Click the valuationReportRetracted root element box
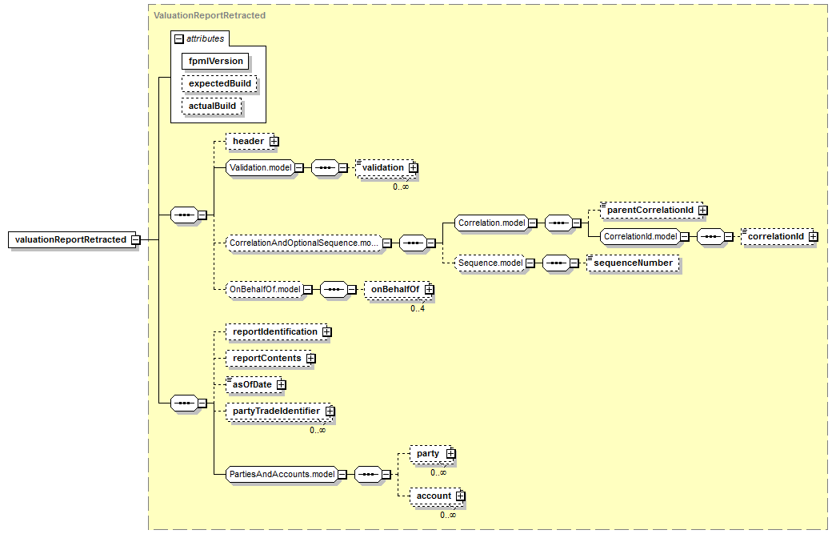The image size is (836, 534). pyautogui.click(x=74, y=239)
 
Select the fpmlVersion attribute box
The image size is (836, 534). pyautogui.click(x=215, y=62)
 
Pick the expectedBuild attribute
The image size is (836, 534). pyautogui.click(x=220, y=84)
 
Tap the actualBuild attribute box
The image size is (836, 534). pyautogui.click(x=212, y=106)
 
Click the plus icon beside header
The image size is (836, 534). pyautogui.click(x=274, y=142)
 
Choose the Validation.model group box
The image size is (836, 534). pyautogui.click(x=260, y=167)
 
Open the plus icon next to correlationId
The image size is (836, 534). pyautogui.click(x=813, y=236)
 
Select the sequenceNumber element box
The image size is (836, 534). pyautogui.click(x=633, y=263)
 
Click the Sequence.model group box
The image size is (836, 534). pyautogui.click(x=490, y=263)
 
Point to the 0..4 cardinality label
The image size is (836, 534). pyautogui.click(x=418, y=308)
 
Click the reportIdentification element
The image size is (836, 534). pyautogui.click(x=278, y=331)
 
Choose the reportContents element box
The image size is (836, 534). pyautogui.click(x=270, y=358)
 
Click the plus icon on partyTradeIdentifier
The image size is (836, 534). pyautogui.click(x=330, y=411)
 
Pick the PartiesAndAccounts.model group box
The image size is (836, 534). pyautogui.click(x=282, y=474)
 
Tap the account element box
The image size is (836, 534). pyautogui.click(x=437, y=496)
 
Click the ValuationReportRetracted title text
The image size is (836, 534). pyautogui.click(x=210, y=15)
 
